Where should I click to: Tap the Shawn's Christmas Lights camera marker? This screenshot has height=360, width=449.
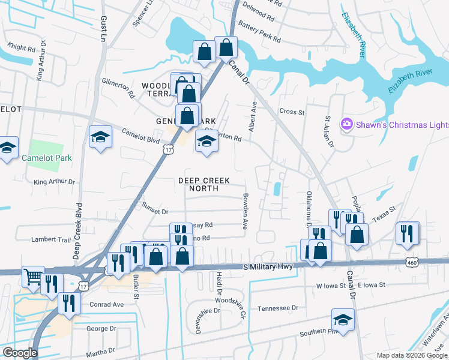click(x=346, y=124)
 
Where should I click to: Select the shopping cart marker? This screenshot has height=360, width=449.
click(x=32, y=277)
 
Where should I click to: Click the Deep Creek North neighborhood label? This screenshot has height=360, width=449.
click(x=205, y=184)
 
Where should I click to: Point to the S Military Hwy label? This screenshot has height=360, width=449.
click(x=268, y=266)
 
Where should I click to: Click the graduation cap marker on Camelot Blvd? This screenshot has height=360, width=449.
click(x=100, y=137)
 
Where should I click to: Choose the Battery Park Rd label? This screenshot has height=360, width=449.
click(x=259, y=32)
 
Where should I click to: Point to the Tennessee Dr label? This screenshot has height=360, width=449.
click(x=277, y=308)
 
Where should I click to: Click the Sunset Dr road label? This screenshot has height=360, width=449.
click(x=155, y=208)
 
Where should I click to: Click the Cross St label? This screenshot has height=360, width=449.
click(x=292, y=112)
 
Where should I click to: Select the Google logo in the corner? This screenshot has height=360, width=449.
click(x=20, y=353)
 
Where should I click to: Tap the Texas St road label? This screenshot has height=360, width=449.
click(x=384, y=215)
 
